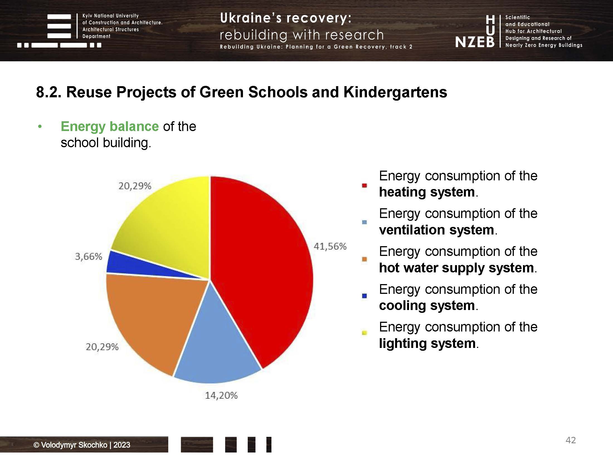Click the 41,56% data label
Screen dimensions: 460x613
(330, 246)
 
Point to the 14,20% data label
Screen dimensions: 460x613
(221, 395)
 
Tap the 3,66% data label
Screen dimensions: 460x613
(89, 256)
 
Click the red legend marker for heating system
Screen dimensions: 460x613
(364, 186)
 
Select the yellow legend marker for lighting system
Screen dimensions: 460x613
(364, 333)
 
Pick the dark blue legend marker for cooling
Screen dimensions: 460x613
(364, 296)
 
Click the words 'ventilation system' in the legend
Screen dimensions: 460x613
(436, 230)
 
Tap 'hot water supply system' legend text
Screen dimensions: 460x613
(456, 268)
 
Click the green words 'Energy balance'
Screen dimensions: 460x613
(110, 127)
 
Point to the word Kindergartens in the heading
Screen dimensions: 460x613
(395, 92)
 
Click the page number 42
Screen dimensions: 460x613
(570, 440)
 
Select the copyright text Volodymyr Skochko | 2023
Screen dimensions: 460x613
(82, 445)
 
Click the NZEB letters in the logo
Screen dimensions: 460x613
(475, 42)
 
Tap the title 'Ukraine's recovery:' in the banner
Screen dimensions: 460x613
(286, 18)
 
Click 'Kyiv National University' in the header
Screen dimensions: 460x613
(110, 16)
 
